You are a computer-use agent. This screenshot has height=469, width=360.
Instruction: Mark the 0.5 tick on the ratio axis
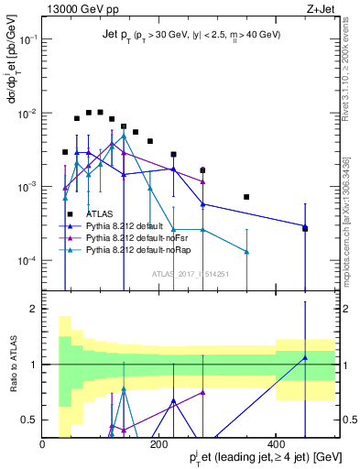tap(30, 420)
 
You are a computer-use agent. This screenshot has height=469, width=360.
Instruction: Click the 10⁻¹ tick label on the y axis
tap(27, 40)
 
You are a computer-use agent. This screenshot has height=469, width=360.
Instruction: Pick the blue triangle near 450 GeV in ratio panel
tap(305, 358)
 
